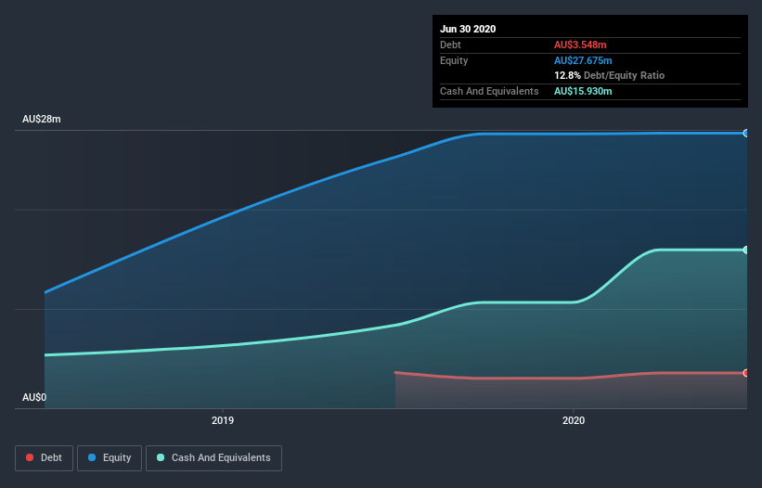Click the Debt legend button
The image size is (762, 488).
pyautogui.click(x=43, y=457)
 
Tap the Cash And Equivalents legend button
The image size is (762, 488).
pyautogui.click(x=213, y=457)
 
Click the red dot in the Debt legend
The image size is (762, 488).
pyautogui.click(x=31, y=457)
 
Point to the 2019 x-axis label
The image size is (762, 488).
pyautogui.click(x=223, y=420)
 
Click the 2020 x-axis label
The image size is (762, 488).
pyautogui.click(x=574, y=420)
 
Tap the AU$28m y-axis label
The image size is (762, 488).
pyautogui.click(x=42, y=120)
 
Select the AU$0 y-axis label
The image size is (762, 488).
pyautogui.click(x=34, y=397)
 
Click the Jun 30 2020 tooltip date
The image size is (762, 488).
pyautogui.click(x=468, y=29)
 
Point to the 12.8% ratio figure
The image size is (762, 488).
pyautogui.click(x=567, y=75)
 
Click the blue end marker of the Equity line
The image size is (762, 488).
pyautogui.click(x=746, y=134)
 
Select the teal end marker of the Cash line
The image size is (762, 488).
pyautogui.click(x=746, y=250)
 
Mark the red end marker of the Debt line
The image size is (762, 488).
pyautogui.click(x=746, y=373)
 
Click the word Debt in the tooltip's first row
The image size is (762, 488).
pyautogui.click(x=450, y=45)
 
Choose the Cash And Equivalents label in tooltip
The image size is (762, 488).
pyautogui.click(x=489, y=91)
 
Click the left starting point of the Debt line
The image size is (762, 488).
pyautogui.click(x=396, y=373)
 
